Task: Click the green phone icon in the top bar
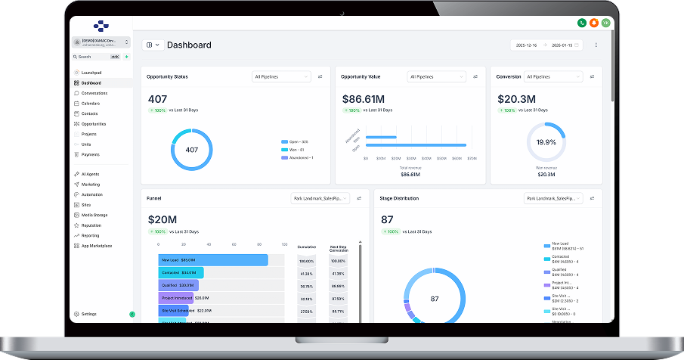pos(581,23)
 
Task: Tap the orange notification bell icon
pos(593,23)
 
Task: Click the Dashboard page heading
pos(189,45)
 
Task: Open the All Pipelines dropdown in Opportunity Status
pos(281,76)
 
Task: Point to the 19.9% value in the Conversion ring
pos(546,142)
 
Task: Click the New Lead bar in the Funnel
pos(212,260)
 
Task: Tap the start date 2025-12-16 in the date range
pos(527,45)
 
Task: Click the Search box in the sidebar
pos(94,57)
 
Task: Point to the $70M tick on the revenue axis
pos(472,159)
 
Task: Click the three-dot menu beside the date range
pos(596,45)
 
